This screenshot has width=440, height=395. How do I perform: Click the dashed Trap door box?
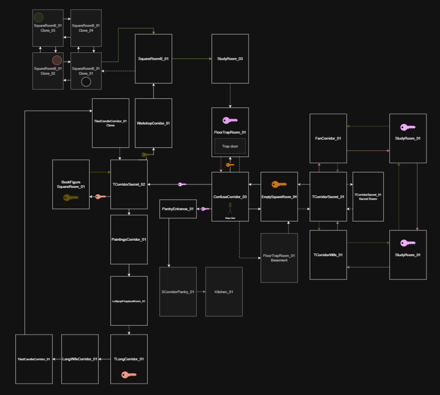click(230, 146)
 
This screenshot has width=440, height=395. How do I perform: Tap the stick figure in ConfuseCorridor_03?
click(230, 208)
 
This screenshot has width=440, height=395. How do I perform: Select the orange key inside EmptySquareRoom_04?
click(279, 185)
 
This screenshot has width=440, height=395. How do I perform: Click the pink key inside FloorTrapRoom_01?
click(230, 121)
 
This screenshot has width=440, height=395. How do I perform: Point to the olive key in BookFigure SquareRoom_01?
click(71, 198)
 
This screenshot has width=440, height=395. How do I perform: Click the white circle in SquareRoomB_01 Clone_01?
click(86, 82)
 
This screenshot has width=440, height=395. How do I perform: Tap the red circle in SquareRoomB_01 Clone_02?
click(57, 60)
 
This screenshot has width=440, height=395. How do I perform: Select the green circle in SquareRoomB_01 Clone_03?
click(38, 17)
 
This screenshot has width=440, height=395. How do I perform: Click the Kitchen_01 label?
click(224, 292)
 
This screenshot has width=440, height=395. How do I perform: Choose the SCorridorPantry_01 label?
click(178, 292)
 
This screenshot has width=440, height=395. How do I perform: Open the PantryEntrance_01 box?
click(178, 209)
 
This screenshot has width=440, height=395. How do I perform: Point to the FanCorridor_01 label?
click(328, 138)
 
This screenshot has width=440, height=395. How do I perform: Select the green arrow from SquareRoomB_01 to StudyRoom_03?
click(191, 58)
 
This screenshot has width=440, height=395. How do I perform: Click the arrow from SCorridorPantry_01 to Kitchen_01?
click(201, 292)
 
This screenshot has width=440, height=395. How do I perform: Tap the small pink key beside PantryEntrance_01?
click(205, 209)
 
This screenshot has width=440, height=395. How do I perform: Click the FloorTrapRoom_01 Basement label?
click(279, 258)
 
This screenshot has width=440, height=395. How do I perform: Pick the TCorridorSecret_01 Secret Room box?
click(368, 196)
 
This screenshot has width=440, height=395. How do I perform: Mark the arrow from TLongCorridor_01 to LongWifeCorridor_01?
click(105, 359)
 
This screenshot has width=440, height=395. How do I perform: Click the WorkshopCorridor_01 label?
click(153, 123)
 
